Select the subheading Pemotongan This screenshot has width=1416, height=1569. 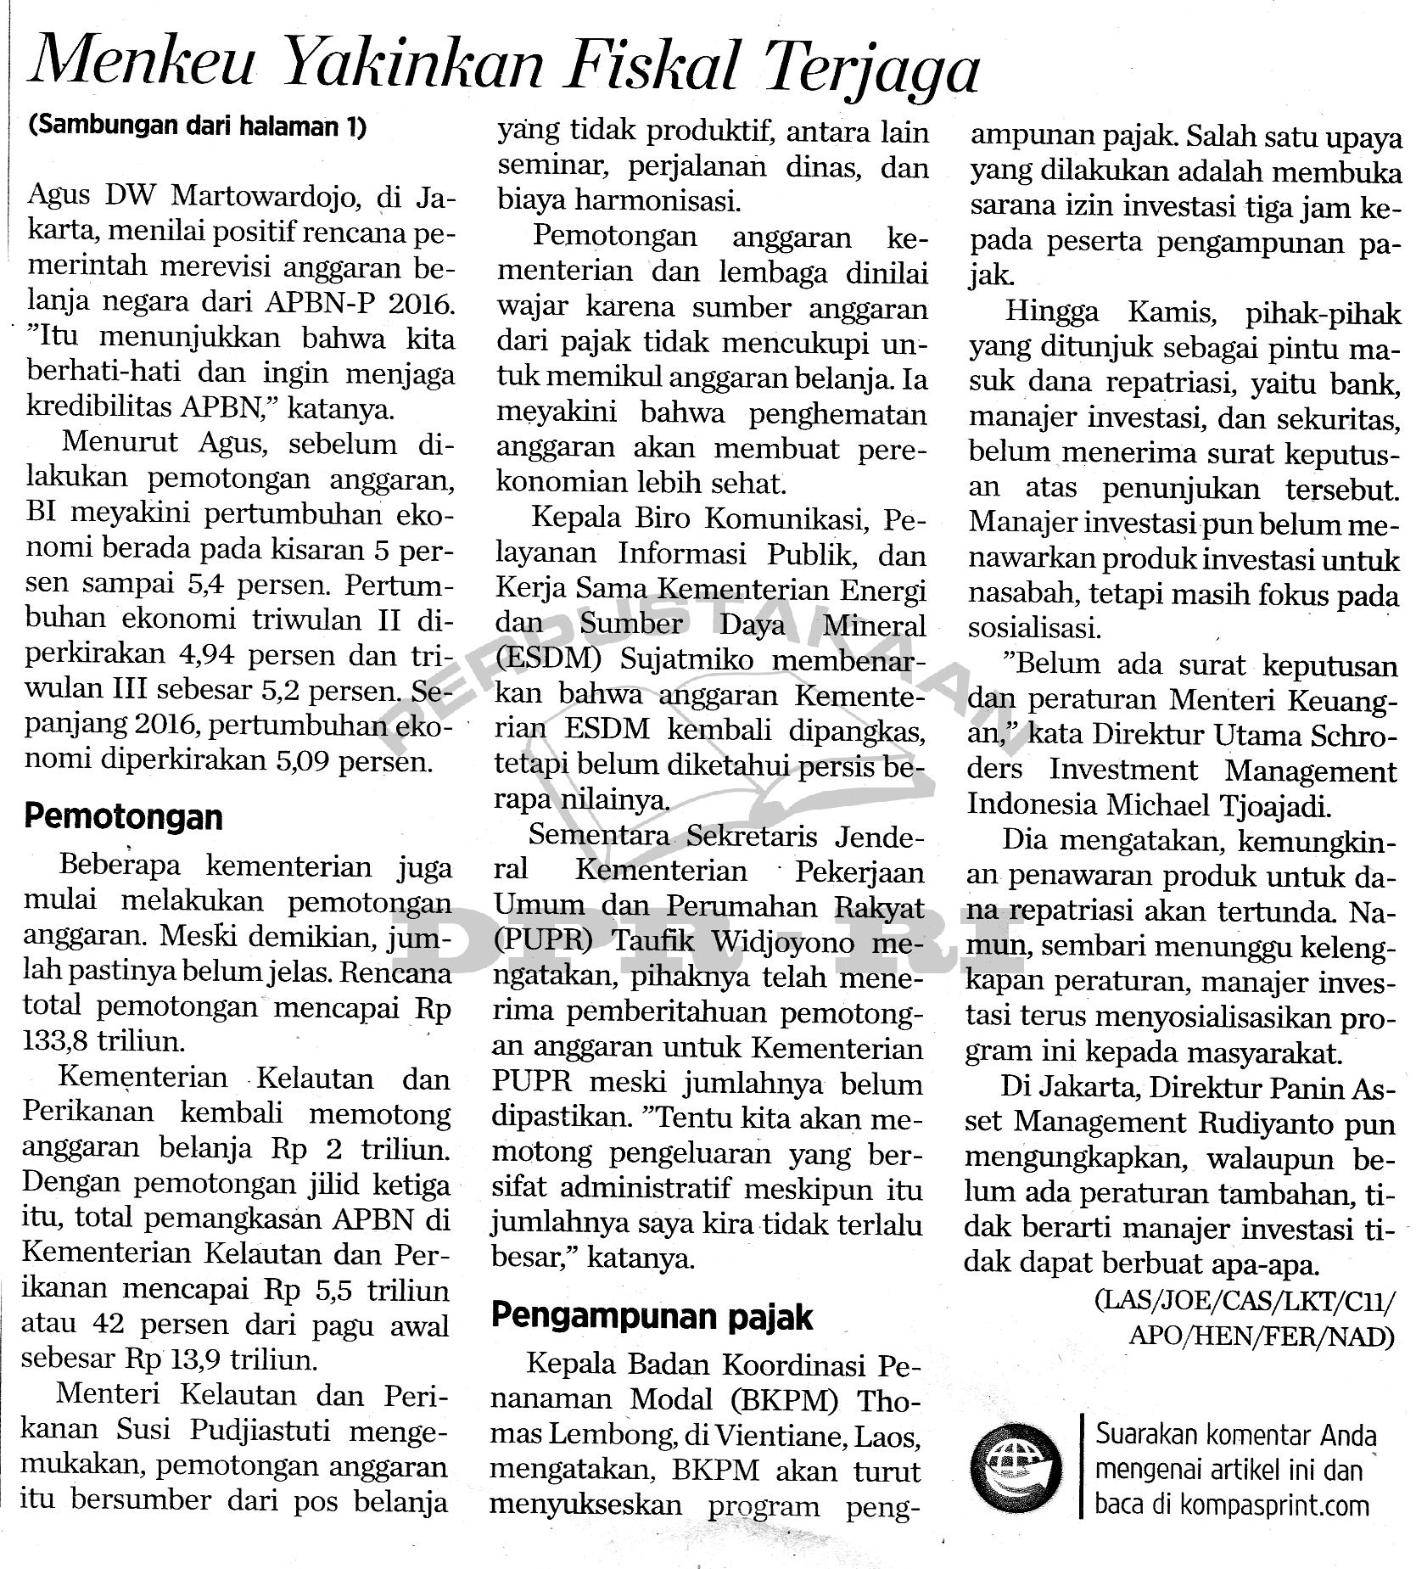[x=123, y=817]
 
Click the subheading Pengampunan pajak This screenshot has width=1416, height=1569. [x=652, y=1316]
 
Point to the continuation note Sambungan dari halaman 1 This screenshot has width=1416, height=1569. [x=197, y=126]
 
